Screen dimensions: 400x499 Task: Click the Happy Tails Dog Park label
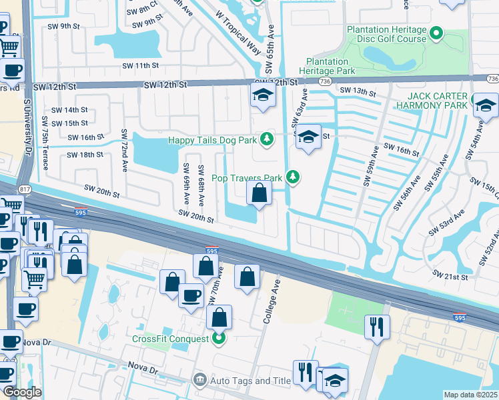[x=212, y=139]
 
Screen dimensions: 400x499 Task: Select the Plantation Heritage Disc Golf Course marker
[x=437, y=32]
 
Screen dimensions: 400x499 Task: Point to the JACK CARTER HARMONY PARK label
[x=431, y=100]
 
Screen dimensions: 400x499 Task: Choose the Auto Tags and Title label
[x=241, y=381]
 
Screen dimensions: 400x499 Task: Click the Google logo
[x=22, y=392]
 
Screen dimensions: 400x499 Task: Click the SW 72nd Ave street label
[x=124, y=150]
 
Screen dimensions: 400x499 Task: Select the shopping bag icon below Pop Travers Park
[x=260, y=194]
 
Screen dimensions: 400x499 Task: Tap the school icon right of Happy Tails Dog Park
[x=308, y=137]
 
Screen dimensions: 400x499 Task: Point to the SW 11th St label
[x=141, y=66]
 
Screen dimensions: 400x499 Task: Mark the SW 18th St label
[x=85, y=154]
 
